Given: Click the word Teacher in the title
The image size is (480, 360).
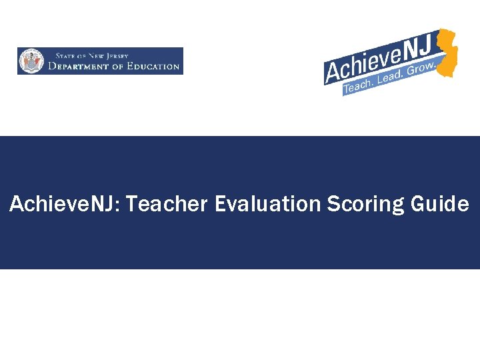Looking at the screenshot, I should (167, 204).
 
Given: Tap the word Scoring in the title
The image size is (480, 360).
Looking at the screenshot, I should (365, 205).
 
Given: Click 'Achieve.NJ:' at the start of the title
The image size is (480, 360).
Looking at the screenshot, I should (65, 204).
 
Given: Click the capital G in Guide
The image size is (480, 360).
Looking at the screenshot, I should (418, 204).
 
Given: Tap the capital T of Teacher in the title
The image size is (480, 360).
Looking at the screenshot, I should (131, 204).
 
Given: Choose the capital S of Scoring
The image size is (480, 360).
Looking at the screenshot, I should (333, 204).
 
